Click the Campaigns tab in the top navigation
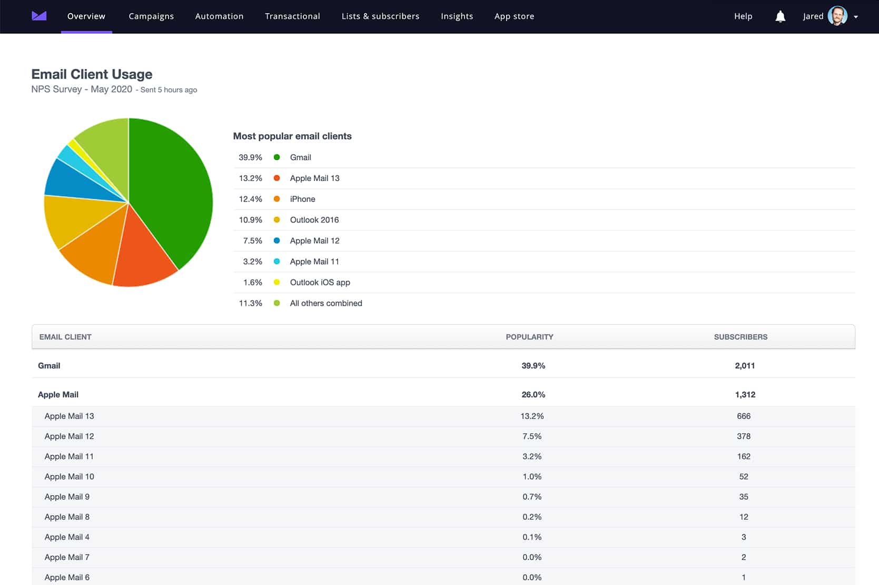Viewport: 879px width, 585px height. coord(151,16)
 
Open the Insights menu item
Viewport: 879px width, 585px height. coord(457,16)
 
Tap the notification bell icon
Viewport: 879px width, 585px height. coord(780,16)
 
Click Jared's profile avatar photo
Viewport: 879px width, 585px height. coord(837,16)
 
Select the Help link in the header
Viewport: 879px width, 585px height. coord(743,16)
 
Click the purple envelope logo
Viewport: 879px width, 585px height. coord(39,16)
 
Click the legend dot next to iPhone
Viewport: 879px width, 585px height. coord(276,199)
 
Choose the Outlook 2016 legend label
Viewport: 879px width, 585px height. coord(314,220)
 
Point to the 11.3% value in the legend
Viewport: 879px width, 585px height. coord(250,303)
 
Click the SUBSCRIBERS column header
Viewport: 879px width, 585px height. coord(740,337)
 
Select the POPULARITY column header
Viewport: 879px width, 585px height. coord(529,337)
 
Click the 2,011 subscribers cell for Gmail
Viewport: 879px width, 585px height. coord(744,366)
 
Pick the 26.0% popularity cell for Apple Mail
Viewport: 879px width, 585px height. coord(533,395)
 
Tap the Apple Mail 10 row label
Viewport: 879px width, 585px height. coord(69,477)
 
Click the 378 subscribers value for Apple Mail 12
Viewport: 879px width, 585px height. coord(743,436)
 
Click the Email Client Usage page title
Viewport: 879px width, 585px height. coord(92,74)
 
